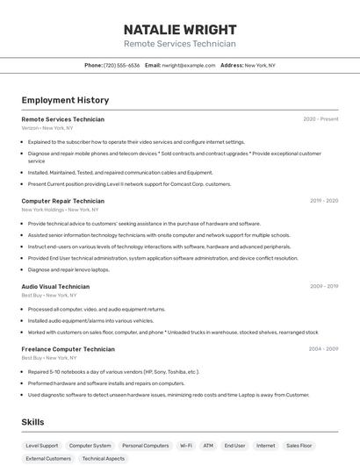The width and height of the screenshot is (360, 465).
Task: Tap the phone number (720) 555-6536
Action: (x=121, y=65)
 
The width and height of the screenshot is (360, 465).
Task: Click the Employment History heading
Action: (x=65, y=100)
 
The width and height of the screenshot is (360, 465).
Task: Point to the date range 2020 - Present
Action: (x=320, y=119)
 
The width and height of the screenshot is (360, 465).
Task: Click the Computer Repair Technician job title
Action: (x=64, y=201)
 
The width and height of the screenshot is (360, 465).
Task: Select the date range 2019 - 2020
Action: (x=324, y=201)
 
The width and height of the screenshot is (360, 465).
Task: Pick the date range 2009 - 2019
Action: (x=324, y=286)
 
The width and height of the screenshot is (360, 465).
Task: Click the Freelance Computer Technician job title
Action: (x=68, y=349)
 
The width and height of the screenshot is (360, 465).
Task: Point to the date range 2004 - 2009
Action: (x=323, y=349)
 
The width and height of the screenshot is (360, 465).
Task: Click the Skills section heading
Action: (x=32, y=422)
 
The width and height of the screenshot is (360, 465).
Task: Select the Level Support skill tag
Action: (x=42, y=446)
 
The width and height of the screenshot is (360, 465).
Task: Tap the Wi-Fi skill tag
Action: (x=186, y=446)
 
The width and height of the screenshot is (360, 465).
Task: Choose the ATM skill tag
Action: (x=208, y=446)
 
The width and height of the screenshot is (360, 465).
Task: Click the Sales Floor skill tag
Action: (x=299, y=446)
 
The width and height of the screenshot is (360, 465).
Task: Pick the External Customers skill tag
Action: (x=48, y=459)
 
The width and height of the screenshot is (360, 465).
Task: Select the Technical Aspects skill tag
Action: (x=104, y=459)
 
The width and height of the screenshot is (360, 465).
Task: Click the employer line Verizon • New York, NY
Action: (x=47, y=128)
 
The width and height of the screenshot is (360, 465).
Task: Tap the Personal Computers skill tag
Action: (x=145, y=446)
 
